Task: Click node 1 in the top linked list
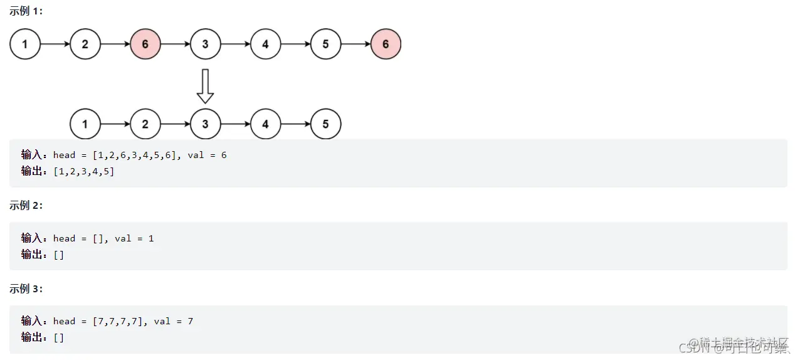pos(25,45)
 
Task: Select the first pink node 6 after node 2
pos(145,45)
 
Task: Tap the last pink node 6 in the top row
pos(386,45)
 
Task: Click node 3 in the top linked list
pos(206,45)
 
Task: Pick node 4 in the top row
pos(266,45)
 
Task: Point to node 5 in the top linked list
pos(325,45)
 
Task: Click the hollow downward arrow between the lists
pos(205,86)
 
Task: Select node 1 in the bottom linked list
pos(85,124)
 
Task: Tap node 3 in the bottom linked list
pos(206,124)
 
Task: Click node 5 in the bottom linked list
pos(325,124)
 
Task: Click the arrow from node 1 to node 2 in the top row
pos(55,45)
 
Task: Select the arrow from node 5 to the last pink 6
pos(355,45)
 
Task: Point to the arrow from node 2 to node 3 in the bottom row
pos(176,124)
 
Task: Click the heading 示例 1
pos(26,11)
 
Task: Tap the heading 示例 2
pos(26,205)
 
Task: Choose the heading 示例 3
pos(26,289)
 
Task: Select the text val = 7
pos(174,321)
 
